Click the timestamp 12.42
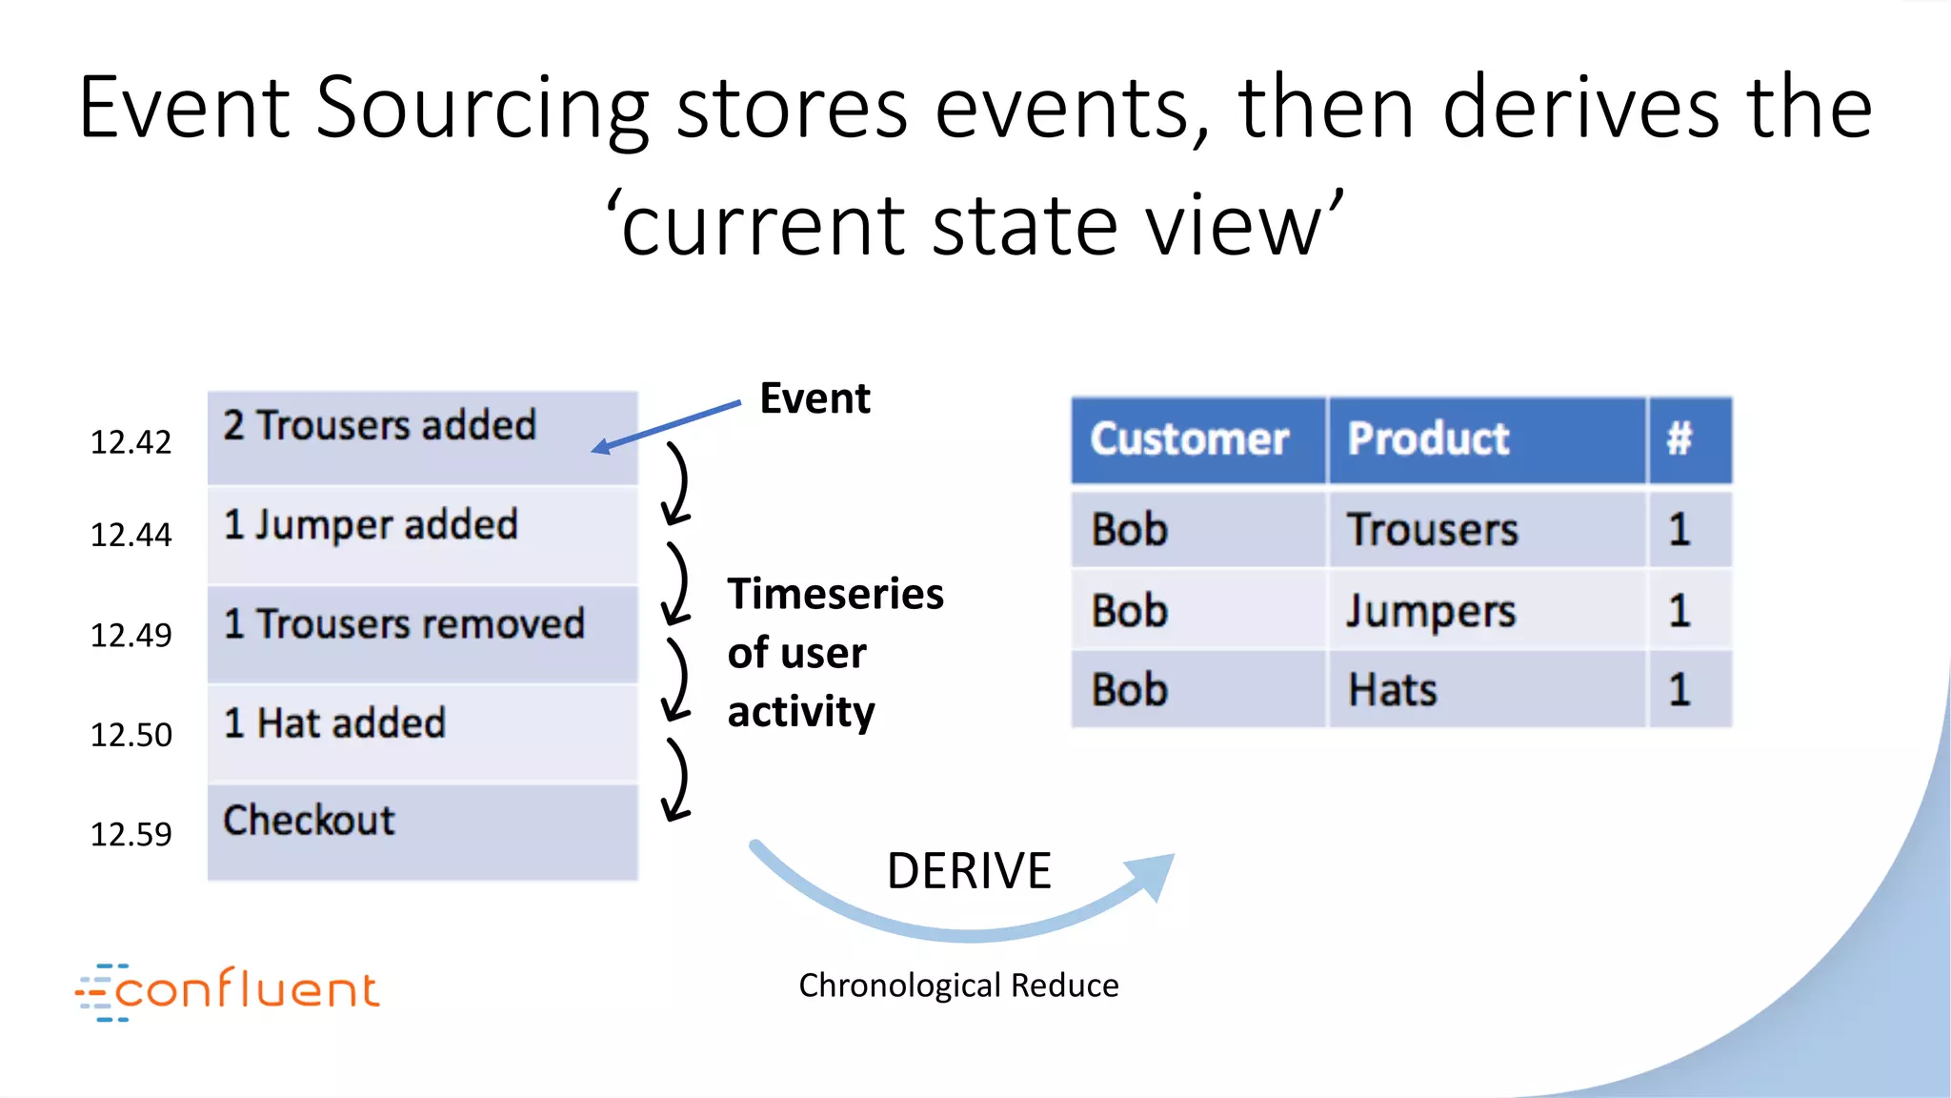click(x=131, y=442)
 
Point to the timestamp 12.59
click(x=131, y=835)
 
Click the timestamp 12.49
click(x=131, y=636)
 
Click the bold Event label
click(x=815, y=398)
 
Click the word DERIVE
click(x=969, y=871)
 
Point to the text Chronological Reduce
click(x=958, y=986)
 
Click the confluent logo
click(x=229, y=991)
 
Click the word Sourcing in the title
click(x=482, y=109)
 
